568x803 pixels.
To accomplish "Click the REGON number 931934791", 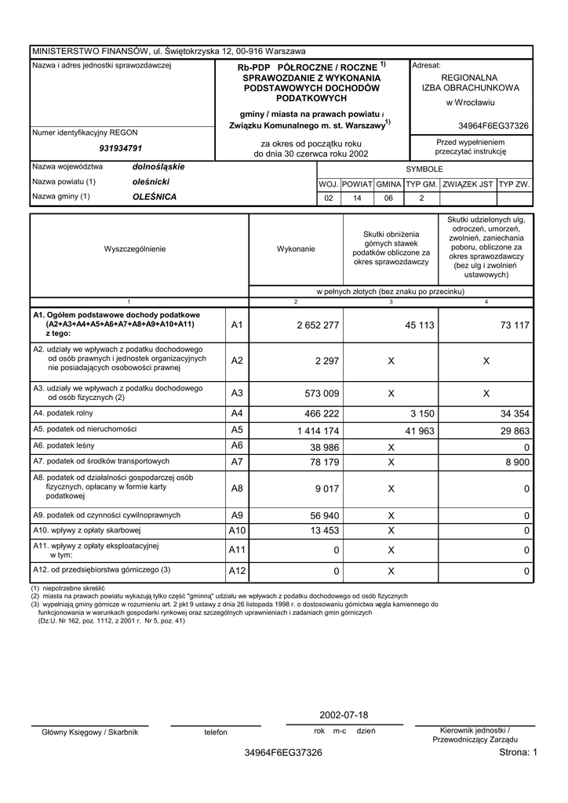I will (x=120, y=148).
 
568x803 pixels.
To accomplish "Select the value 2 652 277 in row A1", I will (x=318, y=325).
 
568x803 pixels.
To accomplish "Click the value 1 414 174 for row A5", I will (x=318, y=431).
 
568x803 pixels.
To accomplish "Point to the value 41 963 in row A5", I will (x=420, y=431).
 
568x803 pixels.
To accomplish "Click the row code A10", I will (x=238, y=532).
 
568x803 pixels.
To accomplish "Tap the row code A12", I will (x=238, y=572).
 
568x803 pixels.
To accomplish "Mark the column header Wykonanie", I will (x=296, y=249).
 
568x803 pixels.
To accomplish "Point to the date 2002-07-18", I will (x=344, y=716).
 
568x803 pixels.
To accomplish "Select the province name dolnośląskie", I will (x=158, y=167).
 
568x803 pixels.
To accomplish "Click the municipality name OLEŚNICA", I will (x=155, y=197).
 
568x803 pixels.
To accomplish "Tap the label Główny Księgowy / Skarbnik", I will (x=89, y=732).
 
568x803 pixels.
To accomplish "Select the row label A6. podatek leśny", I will (x=67, y=445).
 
